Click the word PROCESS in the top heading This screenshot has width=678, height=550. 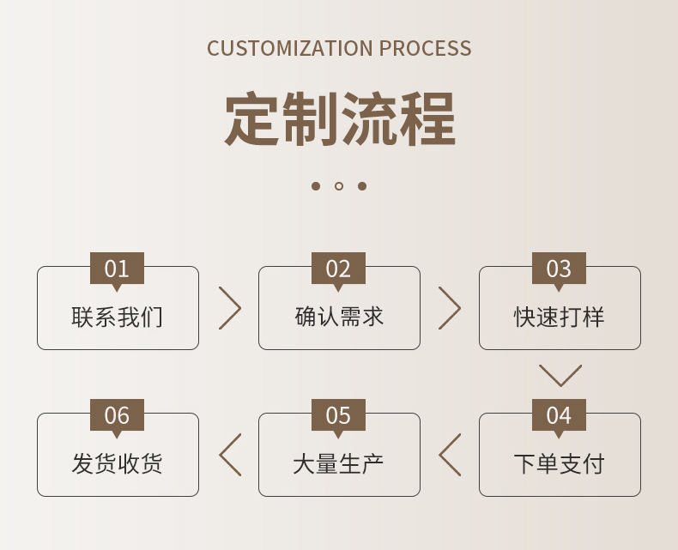tap(426, 48)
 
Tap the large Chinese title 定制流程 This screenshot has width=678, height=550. tap(339, 120)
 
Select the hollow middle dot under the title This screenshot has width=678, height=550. tap(339, 186)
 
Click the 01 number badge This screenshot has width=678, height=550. tap(117, 269)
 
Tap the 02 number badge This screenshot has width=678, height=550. tap(338, 269)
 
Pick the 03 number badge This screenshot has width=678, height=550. tap(559, 269)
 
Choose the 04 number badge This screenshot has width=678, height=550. tap(559, 415)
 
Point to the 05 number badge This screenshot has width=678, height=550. tap(338, 415)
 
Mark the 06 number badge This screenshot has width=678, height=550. tap(117, 415)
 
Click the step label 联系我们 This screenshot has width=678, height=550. tap(118, 317)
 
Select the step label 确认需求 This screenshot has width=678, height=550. tap(339, 317)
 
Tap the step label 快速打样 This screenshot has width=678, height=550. tap(560, 317)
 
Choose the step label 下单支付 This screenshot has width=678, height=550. tap(560, 464)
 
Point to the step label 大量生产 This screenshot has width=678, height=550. tap(339, 464)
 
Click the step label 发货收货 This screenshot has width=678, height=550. tap(118, 464)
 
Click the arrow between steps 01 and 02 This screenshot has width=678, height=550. tap(229, 308)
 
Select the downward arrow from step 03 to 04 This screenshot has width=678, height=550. tap(560, 376)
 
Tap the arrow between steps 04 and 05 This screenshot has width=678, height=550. tap(451, 455)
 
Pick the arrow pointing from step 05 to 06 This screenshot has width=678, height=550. tap(230, 455)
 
